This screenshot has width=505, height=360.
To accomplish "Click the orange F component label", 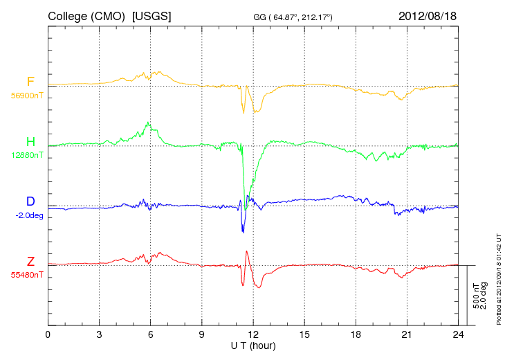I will click(x=30, y=82).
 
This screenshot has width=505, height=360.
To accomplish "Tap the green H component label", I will click(x=30, y=142).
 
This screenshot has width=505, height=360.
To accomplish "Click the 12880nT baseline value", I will click(x=26, y=156).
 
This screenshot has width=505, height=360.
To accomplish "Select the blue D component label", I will click(x=30, y=201).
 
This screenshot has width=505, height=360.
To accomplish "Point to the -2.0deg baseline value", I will click(x=28, y=215).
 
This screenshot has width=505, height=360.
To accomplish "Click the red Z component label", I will click(x=30, y=261).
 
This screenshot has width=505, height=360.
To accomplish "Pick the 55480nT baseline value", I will click(x=26, y=275).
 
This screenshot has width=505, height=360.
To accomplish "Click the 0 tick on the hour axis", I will click(x=48, y=335).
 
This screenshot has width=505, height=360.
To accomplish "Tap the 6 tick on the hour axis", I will click(x=151, y=335).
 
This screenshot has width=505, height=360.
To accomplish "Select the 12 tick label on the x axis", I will click(x=253, y=335).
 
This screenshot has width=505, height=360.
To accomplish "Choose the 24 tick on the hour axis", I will click(x=458, y=335).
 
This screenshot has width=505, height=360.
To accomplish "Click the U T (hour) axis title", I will click(x=253, y=345).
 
